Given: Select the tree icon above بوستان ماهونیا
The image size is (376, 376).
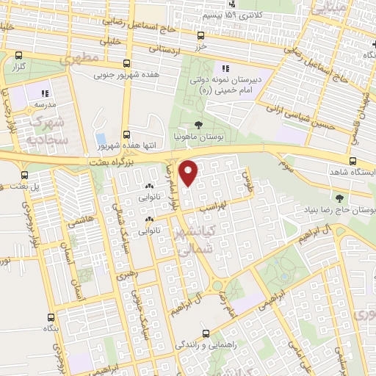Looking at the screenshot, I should click(x=199, y=125).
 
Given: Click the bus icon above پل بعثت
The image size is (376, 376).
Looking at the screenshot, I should click(x=26, y=175).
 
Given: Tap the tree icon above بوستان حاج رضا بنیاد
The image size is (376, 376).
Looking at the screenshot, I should click(x=339, y=197).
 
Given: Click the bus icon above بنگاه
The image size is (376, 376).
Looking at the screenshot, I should click(x=50, y=318).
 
